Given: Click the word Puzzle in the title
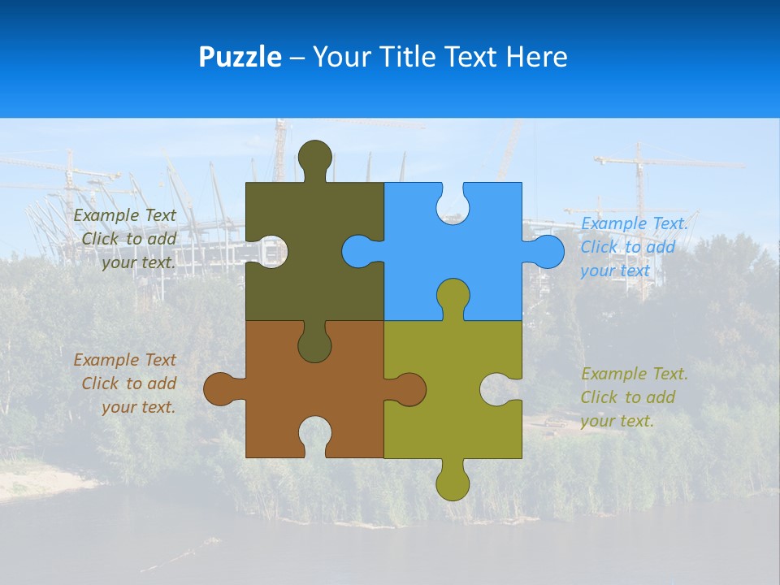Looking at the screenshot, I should (240, 57).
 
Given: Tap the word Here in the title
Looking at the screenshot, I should (536, 57).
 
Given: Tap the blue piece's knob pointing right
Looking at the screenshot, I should (547, 251).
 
